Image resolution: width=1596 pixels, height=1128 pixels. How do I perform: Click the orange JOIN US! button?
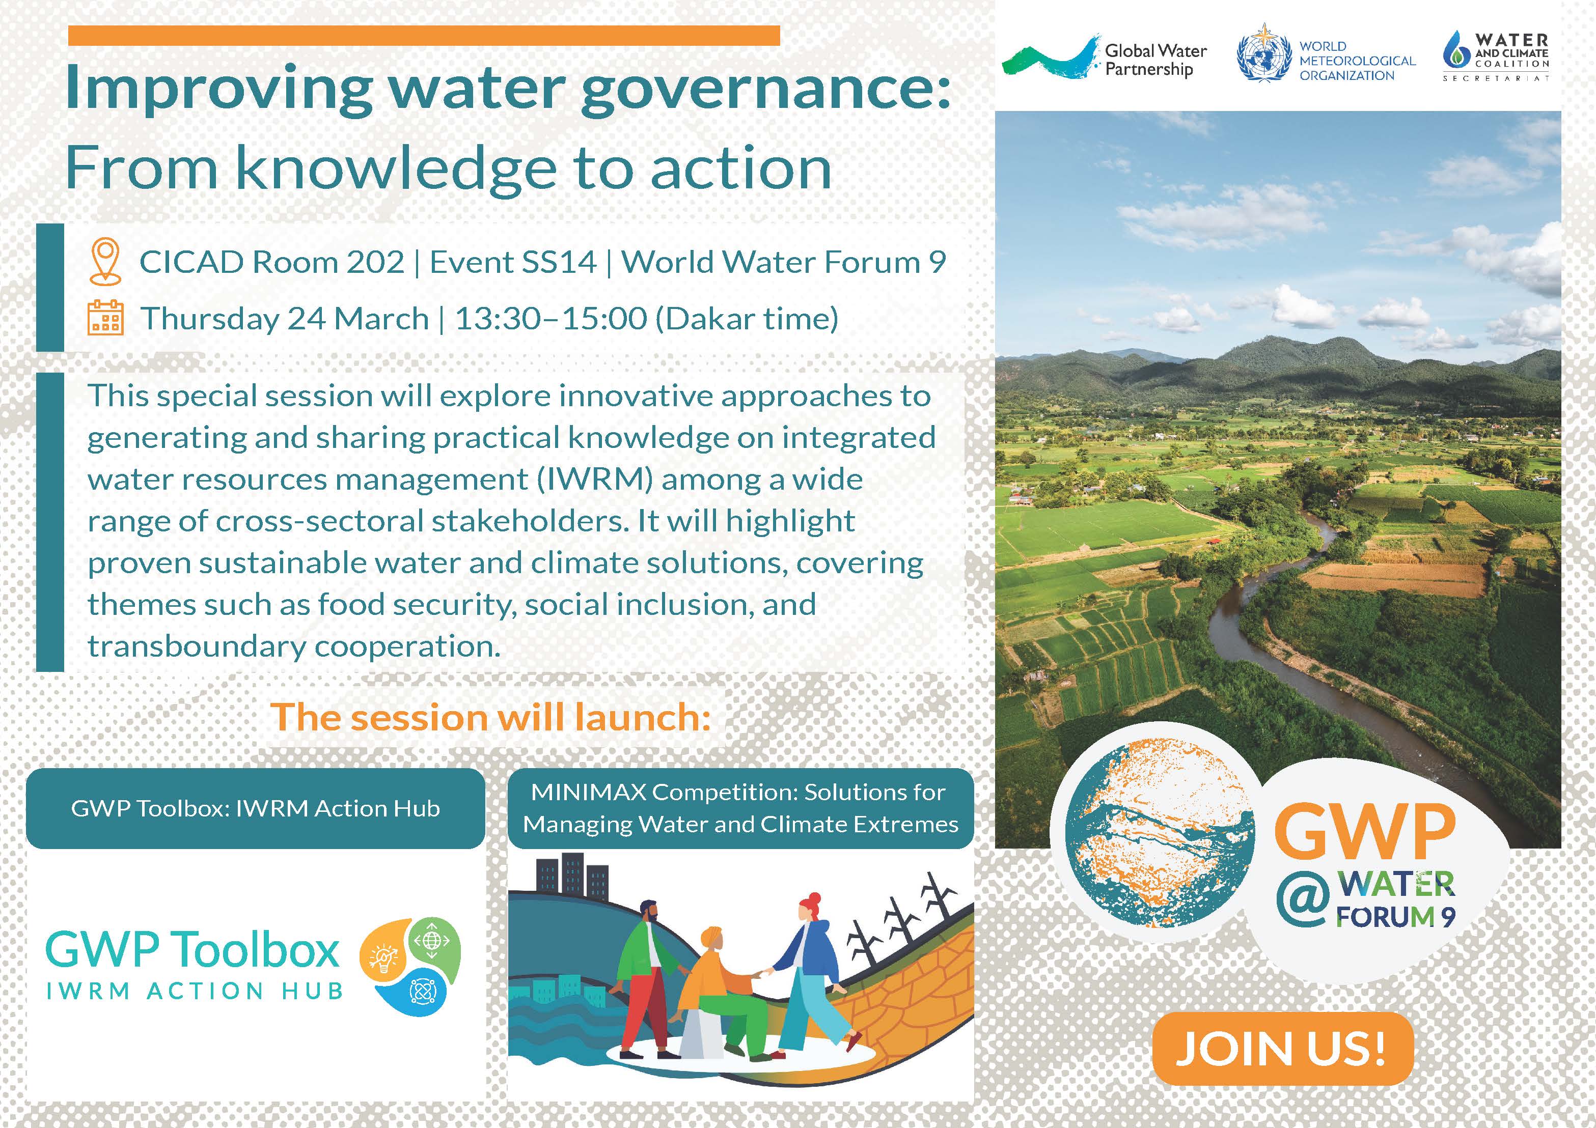1282,1049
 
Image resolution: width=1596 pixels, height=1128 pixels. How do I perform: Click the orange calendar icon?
105,318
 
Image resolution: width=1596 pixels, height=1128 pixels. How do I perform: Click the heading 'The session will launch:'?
491,717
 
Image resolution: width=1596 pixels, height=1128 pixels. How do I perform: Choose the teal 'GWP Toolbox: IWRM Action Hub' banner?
255,808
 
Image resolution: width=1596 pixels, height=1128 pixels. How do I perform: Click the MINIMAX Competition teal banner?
740,808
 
